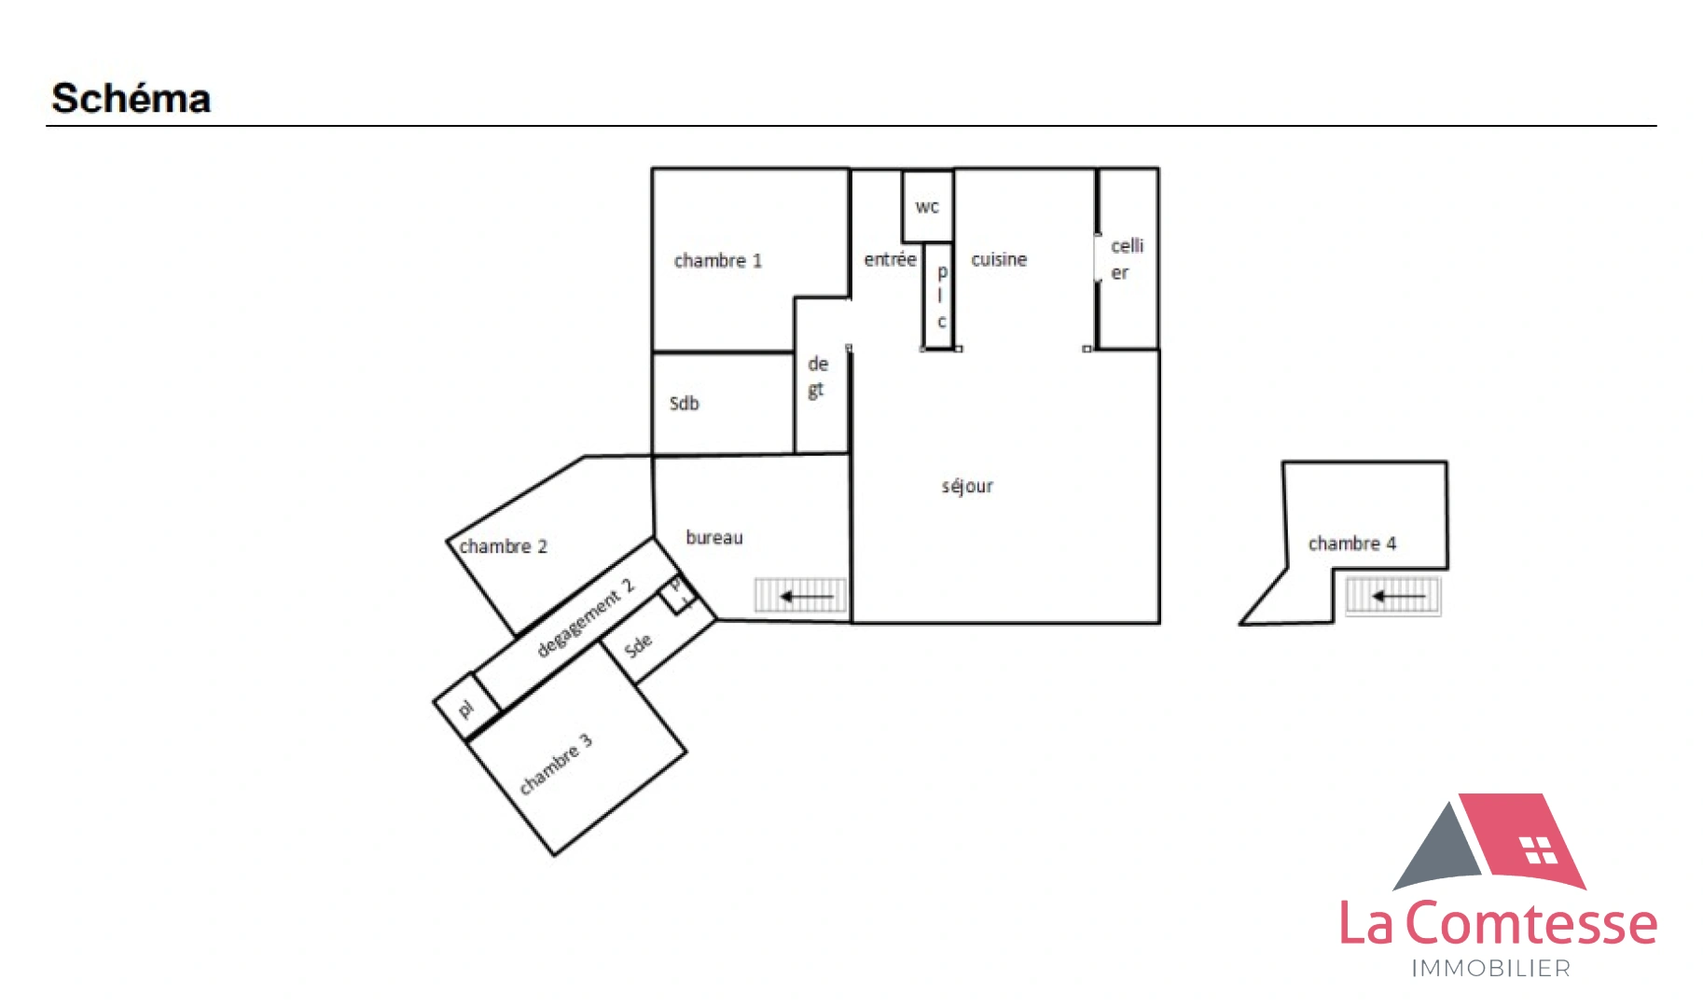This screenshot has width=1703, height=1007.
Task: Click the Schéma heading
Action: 132,99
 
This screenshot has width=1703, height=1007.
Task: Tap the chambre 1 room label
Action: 717,261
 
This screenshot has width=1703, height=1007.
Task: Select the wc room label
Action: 927,207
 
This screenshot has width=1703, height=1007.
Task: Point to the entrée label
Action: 890,259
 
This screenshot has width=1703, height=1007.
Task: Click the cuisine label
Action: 999,259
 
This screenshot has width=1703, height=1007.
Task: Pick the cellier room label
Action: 1126,259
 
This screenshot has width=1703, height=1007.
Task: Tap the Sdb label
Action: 684,404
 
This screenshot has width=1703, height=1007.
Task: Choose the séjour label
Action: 967,486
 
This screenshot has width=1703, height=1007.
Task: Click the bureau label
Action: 714,538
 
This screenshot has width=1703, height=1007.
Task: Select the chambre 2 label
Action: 503,546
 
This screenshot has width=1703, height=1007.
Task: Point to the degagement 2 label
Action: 586,617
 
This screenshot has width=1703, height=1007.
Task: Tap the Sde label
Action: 638,645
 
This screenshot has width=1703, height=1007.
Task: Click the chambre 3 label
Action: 556,764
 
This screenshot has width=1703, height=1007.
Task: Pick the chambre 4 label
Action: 1351,544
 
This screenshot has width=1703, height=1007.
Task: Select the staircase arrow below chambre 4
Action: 1398,596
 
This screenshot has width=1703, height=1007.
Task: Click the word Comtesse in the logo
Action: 1530,924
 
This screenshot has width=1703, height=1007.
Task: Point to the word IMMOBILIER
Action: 1490,969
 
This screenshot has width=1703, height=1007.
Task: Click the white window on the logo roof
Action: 1538,850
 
